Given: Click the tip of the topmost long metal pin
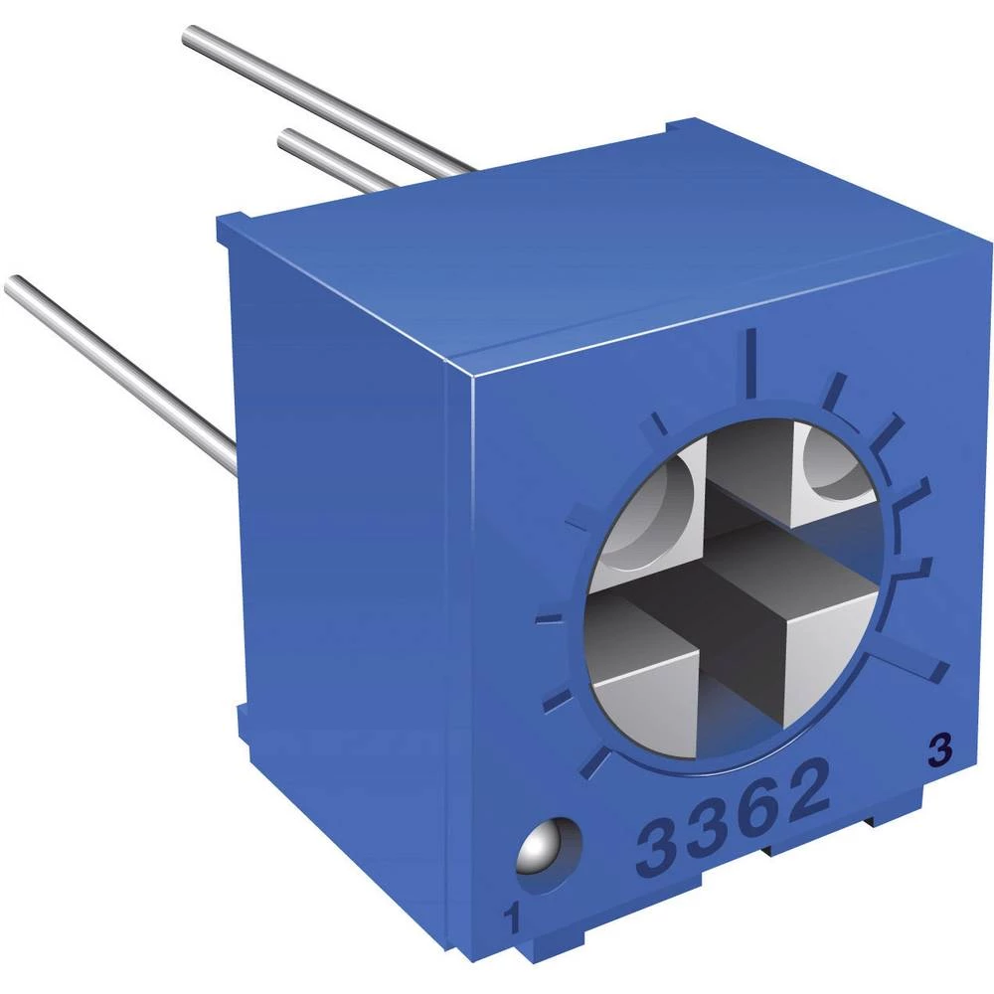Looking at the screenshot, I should (191, 37).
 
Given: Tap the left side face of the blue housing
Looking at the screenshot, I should (348, 557).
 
